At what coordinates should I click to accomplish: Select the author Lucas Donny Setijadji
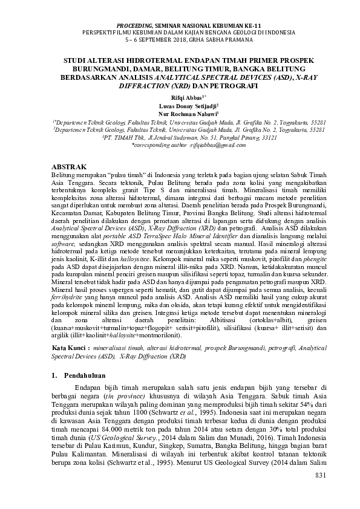[x=179, y=104]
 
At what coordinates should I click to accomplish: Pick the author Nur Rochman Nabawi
[x=179, y=112]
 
